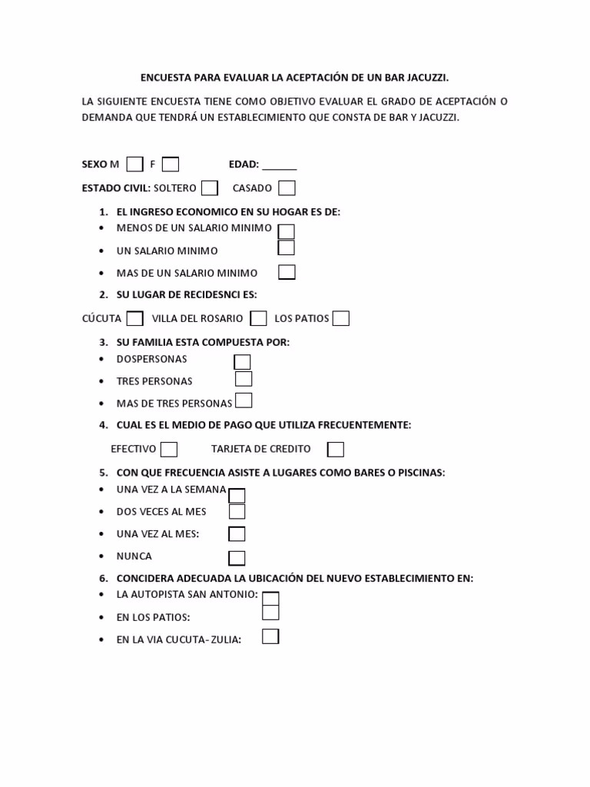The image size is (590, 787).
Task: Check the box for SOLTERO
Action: click(x=210, y=188)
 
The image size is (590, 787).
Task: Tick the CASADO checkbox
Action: click(x=287, y=188)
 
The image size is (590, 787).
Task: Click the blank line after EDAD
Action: click(x=280, y=165)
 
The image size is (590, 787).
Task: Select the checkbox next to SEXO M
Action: click(x=134, y=164)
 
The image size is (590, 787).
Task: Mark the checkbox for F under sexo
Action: click(x=171, y=164)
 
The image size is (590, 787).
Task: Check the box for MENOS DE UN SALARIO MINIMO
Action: click(x=286, y=231)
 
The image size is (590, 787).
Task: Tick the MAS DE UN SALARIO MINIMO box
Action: click(x=287, y=272)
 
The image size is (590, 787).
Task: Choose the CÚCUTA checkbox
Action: click(x=134, y=318)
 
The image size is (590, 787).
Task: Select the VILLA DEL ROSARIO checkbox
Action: click(x=259, y=318)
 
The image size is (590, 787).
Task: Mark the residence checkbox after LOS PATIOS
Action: click(x=341, y=318)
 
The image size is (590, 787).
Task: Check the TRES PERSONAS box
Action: click(x=244, y=379)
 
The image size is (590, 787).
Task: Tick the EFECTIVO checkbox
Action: click(x=169, y=449)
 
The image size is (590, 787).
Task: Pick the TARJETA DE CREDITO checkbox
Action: click(x=336, y=449)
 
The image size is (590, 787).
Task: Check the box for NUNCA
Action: click(x=237, y=557)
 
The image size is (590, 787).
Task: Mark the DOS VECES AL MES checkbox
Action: click(x=237, y=511)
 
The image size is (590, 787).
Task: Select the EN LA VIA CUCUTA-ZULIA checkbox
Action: click(x=270, y=636)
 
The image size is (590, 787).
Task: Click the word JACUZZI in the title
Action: click(x=425, y=78)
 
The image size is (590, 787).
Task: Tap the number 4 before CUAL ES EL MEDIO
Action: click(x=103, y=425)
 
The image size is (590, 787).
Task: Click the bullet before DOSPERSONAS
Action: click(x=103, y=359)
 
